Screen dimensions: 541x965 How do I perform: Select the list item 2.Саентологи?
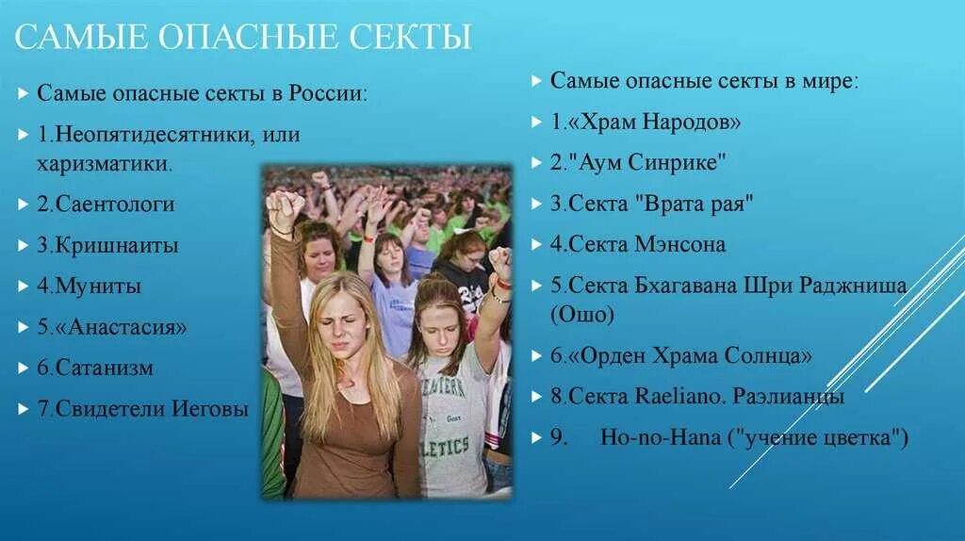106,204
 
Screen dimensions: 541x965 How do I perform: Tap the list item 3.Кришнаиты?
107,245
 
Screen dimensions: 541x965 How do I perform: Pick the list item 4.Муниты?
89,286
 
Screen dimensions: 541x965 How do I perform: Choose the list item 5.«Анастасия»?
112,327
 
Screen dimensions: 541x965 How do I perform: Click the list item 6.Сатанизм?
95,368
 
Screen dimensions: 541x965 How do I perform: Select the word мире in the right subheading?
831,80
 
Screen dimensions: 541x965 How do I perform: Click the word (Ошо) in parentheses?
581,315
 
